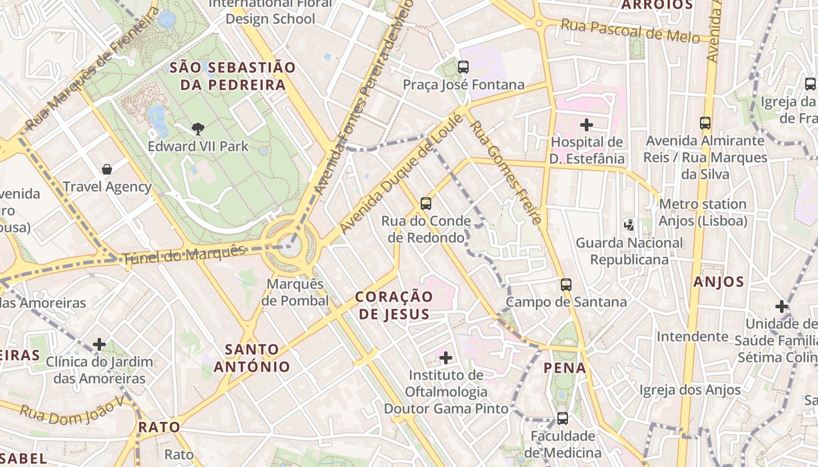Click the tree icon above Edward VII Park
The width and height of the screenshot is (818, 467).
(x=198, y=128)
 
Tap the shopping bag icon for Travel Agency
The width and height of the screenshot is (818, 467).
(x=107, y=169)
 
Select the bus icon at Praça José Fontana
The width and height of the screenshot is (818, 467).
(x=463, y=67)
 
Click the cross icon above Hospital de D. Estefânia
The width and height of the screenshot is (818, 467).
(x=587, y=124)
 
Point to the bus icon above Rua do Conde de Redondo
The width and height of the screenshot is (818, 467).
(x=426, y=204)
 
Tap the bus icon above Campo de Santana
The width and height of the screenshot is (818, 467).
(x=566, y=285)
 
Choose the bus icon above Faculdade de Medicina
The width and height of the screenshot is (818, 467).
(x=562, y=419)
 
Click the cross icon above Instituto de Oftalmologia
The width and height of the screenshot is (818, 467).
(x=446, y=357)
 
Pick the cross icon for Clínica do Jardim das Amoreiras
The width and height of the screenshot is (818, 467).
(x=99, y=344)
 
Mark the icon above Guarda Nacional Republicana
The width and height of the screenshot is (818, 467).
(x=629, y=225)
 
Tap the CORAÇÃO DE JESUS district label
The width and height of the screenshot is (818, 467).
(x=394, y=305)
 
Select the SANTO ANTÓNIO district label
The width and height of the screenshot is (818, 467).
(x=252, y=358)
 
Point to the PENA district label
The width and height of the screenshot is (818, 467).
(x=564, y=368)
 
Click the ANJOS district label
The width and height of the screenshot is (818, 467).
(x=719, y=282)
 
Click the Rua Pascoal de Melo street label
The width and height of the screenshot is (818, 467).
(x=630, y=30)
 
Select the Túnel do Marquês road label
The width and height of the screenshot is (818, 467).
(x=183, y=255)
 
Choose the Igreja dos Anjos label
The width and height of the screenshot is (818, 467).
(x=690, y=390)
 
